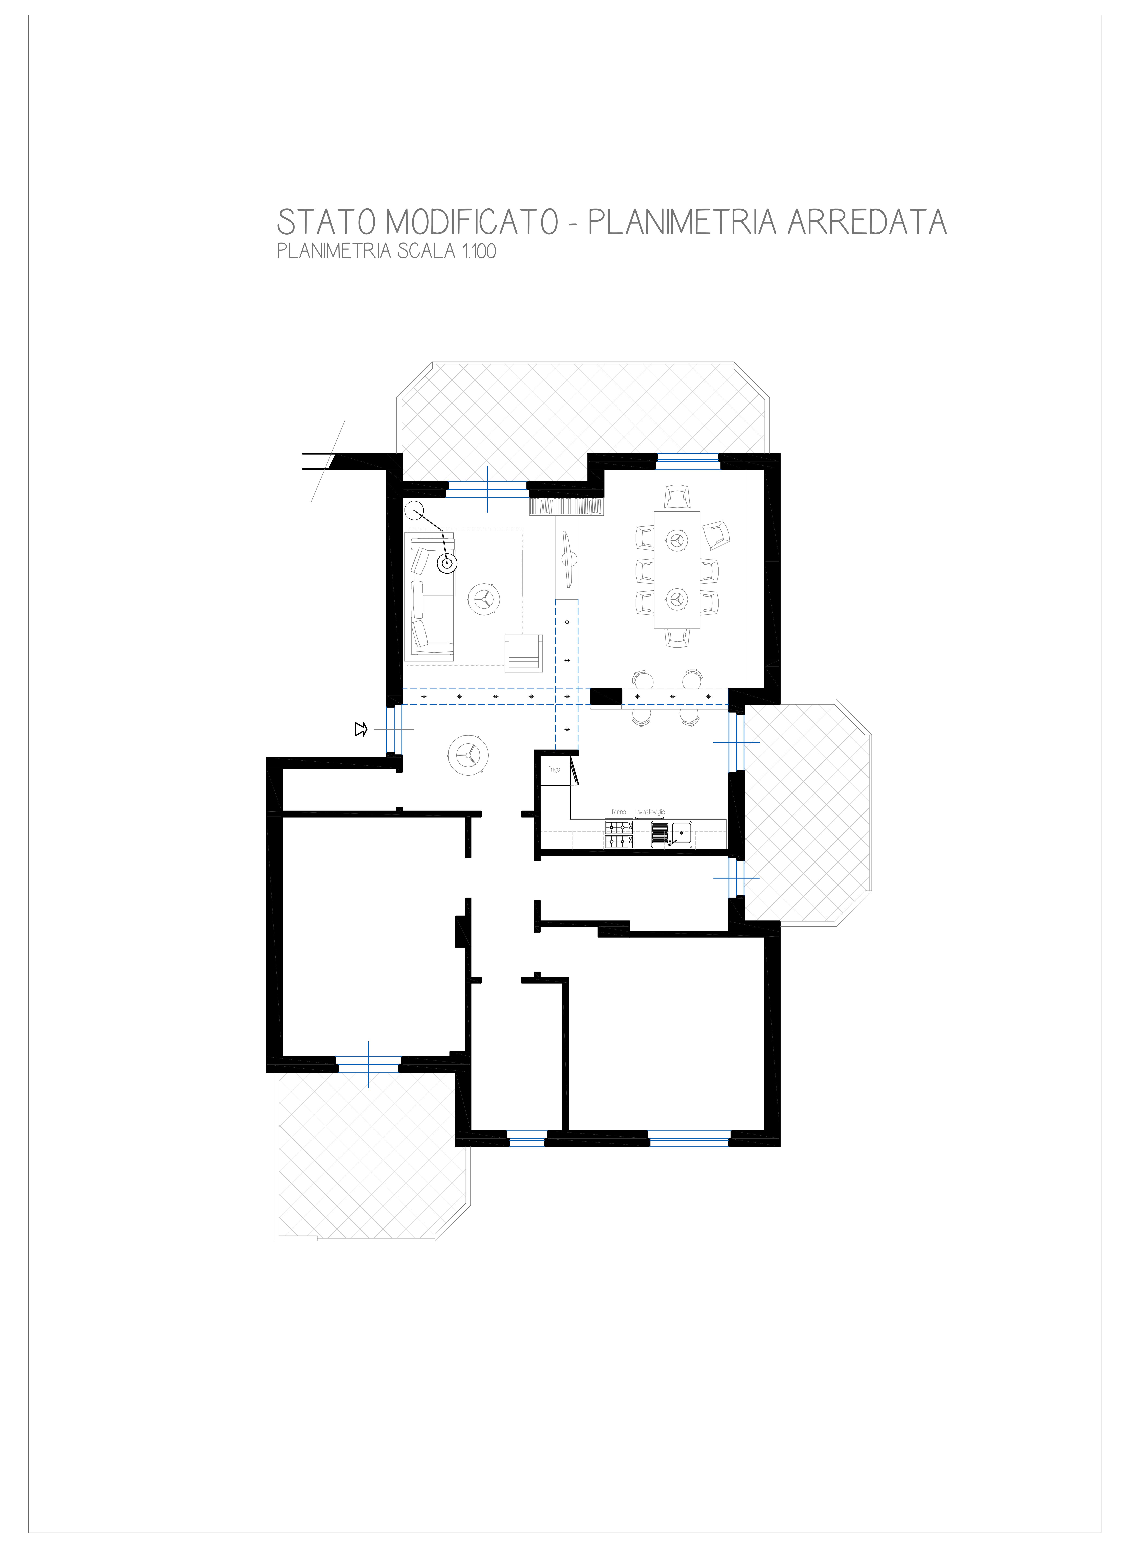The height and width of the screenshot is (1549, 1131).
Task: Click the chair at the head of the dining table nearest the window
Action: [x=677, y=496]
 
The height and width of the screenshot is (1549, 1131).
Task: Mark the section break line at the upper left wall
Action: [x=328, y=461]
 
